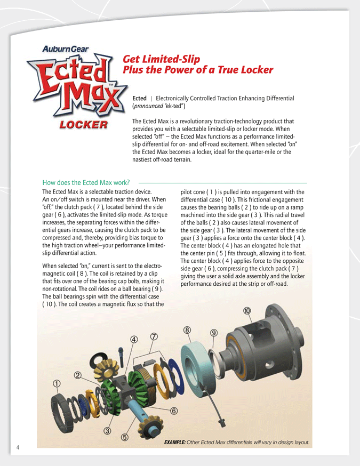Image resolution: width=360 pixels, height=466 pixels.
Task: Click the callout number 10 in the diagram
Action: [x=247, y=311]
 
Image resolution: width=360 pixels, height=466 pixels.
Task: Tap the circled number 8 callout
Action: [x=187, y=330]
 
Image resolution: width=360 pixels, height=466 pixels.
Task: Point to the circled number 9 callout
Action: [x=214, y=333]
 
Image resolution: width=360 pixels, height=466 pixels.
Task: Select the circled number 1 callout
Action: [x=56, y=383]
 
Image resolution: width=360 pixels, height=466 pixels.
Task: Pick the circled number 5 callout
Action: [x=124, y=438]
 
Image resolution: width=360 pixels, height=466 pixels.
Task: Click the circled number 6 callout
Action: [x=173, y=411]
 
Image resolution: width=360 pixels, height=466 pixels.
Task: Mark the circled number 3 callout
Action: [x=107, y=431]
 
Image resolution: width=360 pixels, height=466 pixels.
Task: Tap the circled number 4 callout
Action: [x=134, y=339]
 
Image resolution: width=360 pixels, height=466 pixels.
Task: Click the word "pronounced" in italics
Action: [x=148, y=107]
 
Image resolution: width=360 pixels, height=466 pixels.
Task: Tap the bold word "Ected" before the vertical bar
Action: [x=139, y=99]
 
